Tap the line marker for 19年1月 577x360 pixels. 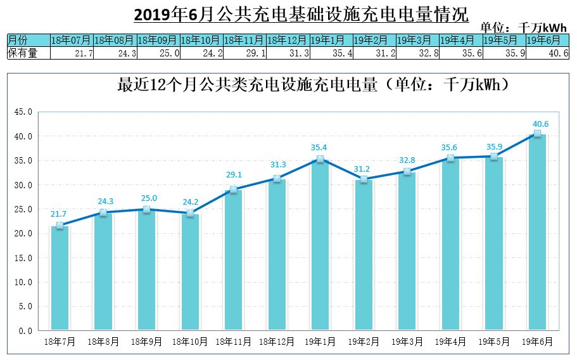[320, 160]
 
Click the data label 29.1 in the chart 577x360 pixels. [233, 174]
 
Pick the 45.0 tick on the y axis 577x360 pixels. [23, 112]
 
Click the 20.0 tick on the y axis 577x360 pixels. [23, 234]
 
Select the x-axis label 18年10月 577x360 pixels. [189, 342]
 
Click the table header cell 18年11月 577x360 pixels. [244, 40]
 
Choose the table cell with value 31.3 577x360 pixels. [288, 53]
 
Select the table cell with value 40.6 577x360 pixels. [547, 53]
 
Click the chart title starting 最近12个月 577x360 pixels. [314, 86]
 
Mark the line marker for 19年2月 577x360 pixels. [364, 180]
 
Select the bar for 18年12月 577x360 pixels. [277, 254]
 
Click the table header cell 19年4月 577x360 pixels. [460, 40]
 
